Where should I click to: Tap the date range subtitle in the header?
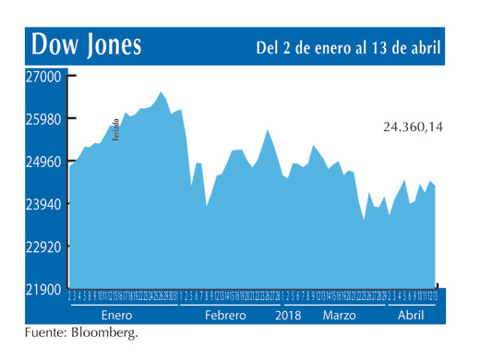(x=347, y=46)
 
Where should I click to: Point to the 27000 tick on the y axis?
(x=43, y=77)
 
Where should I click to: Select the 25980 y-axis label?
(x=43, y=119)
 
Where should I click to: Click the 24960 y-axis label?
(x=43, y=162)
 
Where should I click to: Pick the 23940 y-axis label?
(x=43, y=204)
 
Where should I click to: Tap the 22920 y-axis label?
(x=43, y=246)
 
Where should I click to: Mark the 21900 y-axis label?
(x=43, y=289)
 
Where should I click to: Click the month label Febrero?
(x=225, y=315)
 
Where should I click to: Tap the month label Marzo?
(x=340, y=315)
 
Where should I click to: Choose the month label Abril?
(x=410, y=315)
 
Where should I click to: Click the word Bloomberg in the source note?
(x=103, y=332)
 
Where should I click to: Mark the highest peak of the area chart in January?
(x=162, y=91)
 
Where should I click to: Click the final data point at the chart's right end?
(x=436, y=186)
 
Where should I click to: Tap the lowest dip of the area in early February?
(x=207, y=206)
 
